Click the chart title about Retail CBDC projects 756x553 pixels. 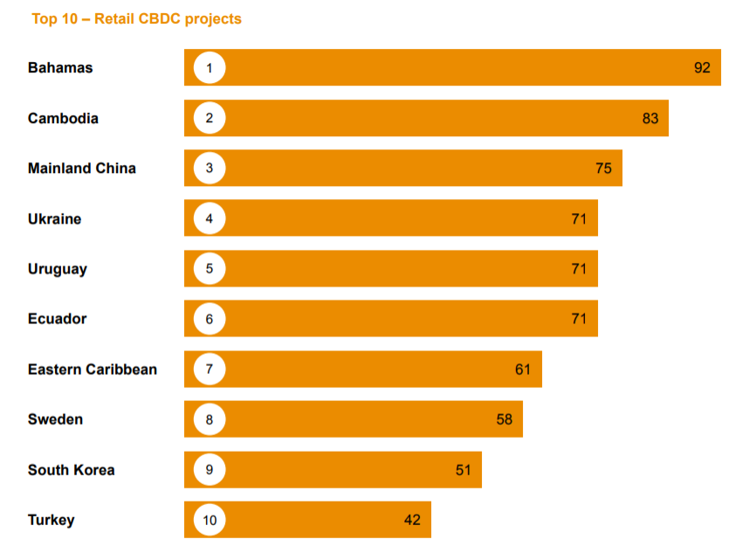(136, 18)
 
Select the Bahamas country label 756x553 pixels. (60, 67)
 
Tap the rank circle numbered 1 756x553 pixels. (210, 67)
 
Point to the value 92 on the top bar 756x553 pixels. (702, 67)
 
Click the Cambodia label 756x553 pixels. (63, 118)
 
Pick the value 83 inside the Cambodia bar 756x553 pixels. (649, 118)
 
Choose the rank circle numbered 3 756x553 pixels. (210, 168)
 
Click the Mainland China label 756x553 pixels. (82, 168)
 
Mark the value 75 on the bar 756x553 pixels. (603, 168)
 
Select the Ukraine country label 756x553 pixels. (54, 218)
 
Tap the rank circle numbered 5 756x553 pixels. (210, 268)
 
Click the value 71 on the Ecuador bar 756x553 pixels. (578, 319)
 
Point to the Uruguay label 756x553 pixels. (58, 268)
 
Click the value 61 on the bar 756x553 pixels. (522, 369)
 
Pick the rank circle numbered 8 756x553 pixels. (210, 419)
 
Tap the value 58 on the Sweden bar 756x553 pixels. (504, 419)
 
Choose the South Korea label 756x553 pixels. (72, 469)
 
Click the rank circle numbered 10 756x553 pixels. (210, 520)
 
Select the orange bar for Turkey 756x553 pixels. (314, 520)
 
